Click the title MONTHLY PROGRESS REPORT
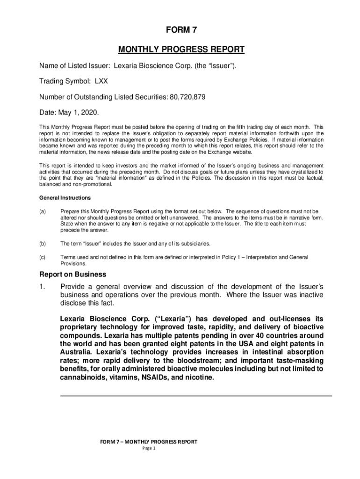[x=181, y=50]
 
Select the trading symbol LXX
[x=101, y=81]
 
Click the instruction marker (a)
[x=43, y=211]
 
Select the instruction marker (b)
[x=43, y=244]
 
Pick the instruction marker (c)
[x=43, y=257]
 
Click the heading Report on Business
[x=72, y=275]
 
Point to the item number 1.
[x=42, y=287]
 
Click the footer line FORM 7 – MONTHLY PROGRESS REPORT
[x=148, y=442]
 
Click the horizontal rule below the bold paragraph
[x=196, y=396]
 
